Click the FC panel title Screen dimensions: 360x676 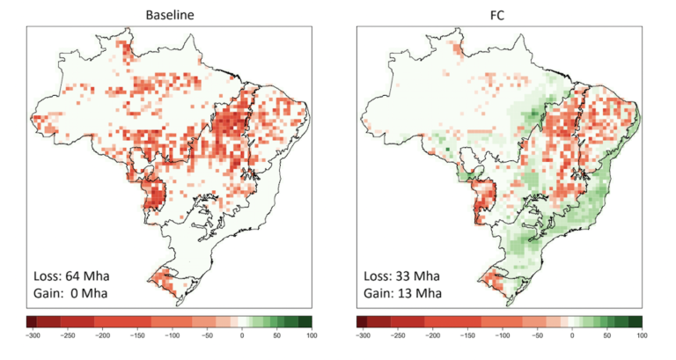(499, 12)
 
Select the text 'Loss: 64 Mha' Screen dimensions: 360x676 (73, 274)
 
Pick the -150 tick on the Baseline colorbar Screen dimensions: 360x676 (136, 335)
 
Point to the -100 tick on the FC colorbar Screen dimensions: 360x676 (501, 335)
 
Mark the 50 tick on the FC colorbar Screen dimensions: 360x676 (607, 335)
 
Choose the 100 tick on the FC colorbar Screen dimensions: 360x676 (642, 335)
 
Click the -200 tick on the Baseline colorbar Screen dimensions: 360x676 (100, 335)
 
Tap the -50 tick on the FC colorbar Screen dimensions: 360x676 (537, 335)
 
